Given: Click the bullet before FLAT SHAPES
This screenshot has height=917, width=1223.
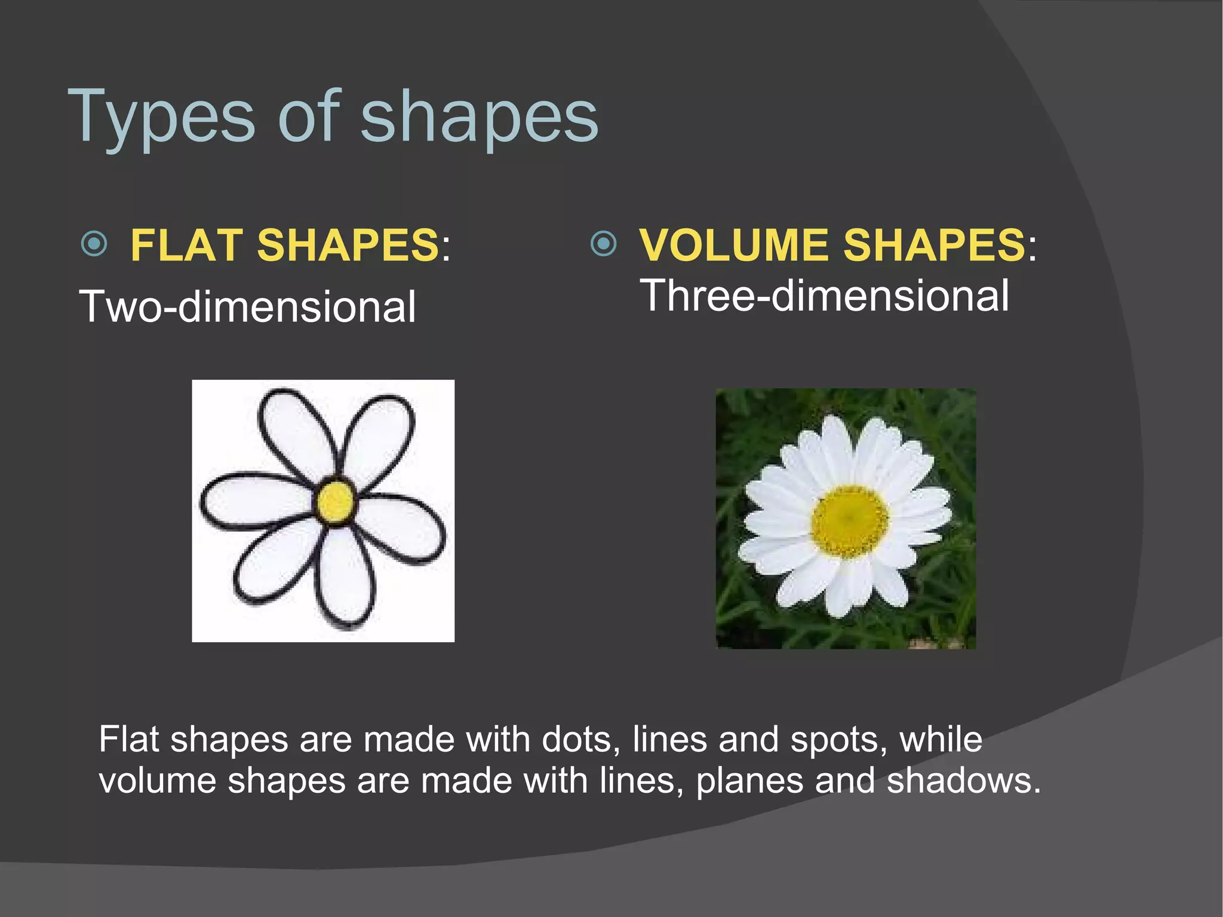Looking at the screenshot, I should coord(94,244).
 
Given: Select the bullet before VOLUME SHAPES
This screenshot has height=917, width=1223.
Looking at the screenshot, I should coord(603,244).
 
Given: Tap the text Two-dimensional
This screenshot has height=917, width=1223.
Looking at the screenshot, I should coord(247,307).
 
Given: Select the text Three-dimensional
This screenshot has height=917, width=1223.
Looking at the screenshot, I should coord(824,296).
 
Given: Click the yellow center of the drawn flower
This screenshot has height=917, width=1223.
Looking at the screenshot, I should coord(336,501).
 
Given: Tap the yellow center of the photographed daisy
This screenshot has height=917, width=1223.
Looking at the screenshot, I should coord(849,520).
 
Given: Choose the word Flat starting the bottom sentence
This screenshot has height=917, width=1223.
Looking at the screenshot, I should coord(128,740).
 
